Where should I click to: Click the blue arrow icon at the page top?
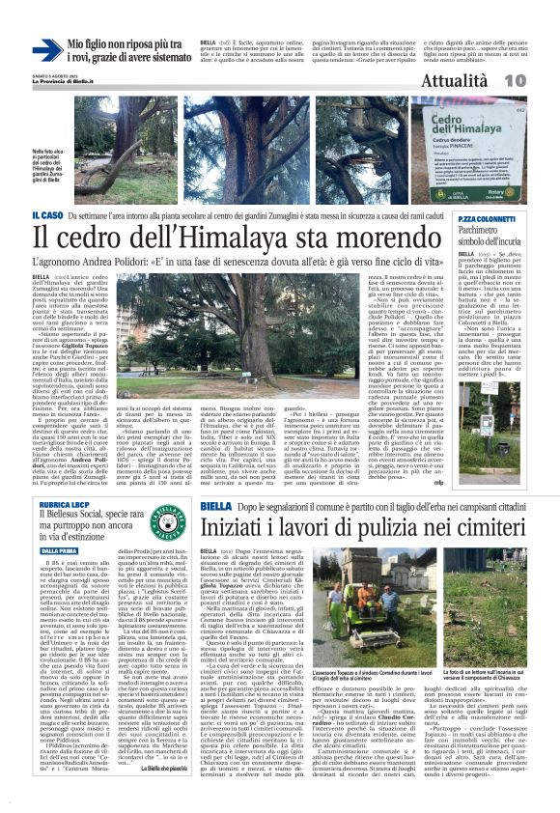[x=45, y=50]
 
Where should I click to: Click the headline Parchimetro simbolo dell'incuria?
[x=473, y=238]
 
